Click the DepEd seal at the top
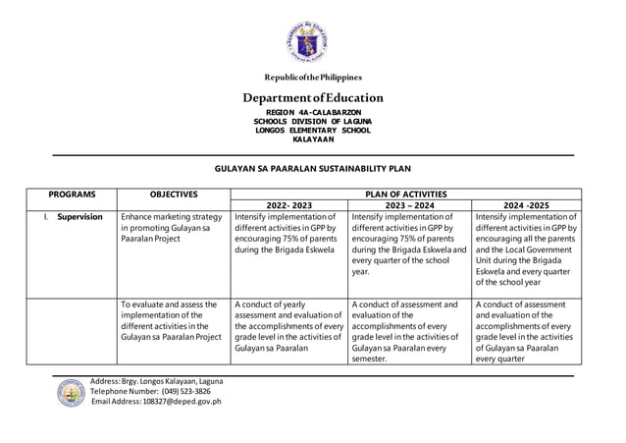pos(313,41)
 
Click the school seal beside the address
pos(68,392)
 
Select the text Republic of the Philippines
pos(312,77)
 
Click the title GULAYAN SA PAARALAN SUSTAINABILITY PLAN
pos(312,169)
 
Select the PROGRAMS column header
pos(72,194)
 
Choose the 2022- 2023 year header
pos(287,205)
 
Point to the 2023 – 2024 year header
pos(409,205)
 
